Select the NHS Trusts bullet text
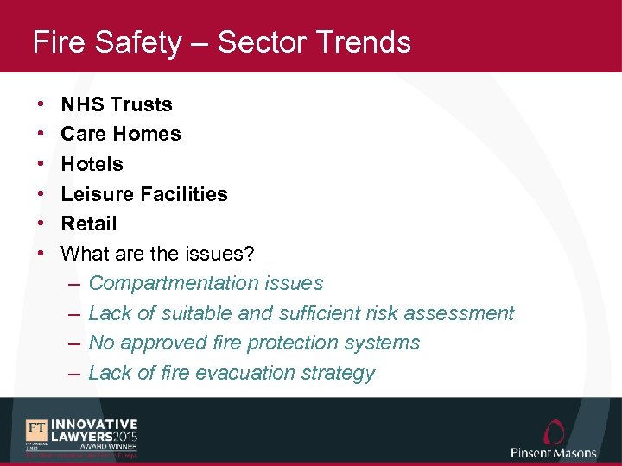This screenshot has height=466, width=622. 117,104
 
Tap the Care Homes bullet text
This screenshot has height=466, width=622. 121,134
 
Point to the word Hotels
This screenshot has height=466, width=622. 92,164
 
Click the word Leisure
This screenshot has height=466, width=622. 98,194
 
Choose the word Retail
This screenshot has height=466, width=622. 88,224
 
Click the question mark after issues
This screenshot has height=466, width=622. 250,254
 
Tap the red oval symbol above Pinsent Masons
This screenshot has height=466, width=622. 554,431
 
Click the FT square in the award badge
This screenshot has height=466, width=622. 36,429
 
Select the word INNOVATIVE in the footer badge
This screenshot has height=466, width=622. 94,424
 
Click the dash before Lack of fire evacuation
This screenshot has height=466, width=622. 73,373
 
